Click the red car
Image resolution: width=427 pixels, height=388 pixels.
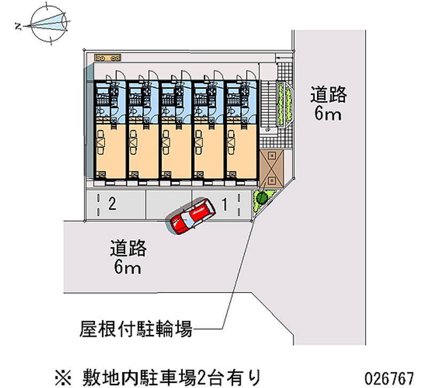[191, 217]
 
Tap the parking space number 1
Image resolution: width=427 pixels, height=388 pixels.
[225, 203]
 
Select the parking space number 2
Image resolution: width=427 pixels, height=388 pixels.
[112, 203]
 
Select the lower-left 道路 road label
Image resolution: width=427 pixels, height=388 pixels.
[128, 248]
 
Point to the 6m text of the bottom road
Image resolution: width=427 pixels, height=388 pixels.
[128, 267]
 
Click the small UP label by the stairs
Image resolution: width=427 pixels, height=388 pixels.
[268, 130]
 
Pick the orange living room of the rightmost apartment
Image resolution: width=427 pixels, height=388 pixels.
[240, 147]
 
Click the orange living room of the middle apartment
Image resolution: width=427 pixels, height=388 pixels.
[175, 147]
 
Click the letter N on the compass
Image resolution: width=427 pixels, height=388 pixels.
[19, 25]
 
